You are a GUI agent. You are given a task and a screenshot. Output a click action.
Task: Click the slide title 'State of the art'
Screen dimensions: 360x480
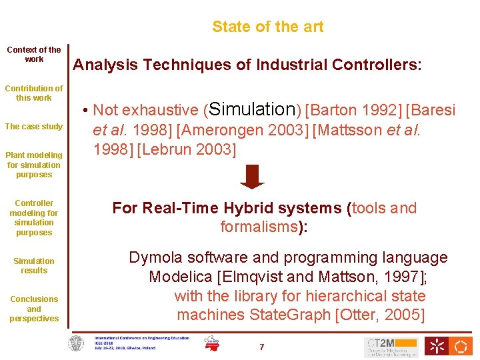tap(267, 27)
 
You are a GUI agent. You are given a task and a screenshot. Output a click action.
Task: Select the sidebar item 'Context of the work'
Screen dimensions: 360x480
tap(34, 54)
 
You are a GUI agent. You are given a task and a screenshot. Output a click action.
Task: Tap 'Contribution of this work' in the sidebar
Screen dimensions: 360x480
tap(34, 93)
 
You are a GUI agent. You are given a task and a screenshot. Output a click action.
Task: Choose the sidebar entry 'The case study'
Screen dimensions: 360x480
tap(34, 127)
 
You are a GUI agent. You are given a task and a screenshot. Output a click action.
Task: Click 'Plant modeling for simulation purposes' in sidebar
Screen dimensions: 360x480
tap(34, 165)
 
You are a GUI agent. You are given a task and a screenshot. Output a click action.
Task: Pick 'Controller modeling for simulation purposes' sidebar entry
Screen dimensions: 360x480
tap(34, 218)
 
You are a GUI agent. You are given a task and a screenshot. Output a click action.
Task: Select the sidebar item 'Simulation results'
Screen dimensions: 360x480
tap(34, 266)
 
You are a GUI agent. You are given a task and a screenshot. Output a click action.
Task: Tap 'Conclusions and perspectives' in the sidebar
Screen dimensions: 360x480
tap(34, 309)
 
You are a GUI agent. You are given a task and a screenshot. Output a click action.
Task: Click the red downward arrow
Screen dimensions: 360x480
tap(252, 177)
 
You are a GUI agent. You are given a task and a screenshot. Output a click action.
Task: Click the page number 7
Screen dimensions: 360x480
tap(261, 347)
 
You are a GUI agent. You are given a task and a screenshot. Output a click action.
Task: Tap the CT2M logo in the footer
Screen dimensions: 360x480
tap(391, 346)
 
